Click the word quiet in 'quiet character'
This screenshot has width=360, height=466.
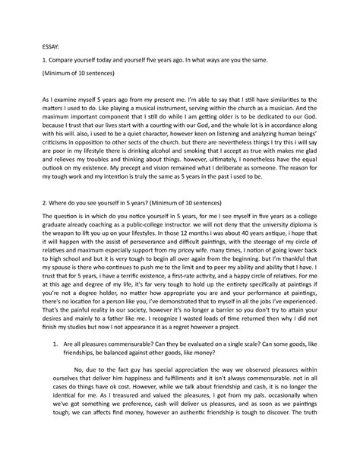pos(141,151)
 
